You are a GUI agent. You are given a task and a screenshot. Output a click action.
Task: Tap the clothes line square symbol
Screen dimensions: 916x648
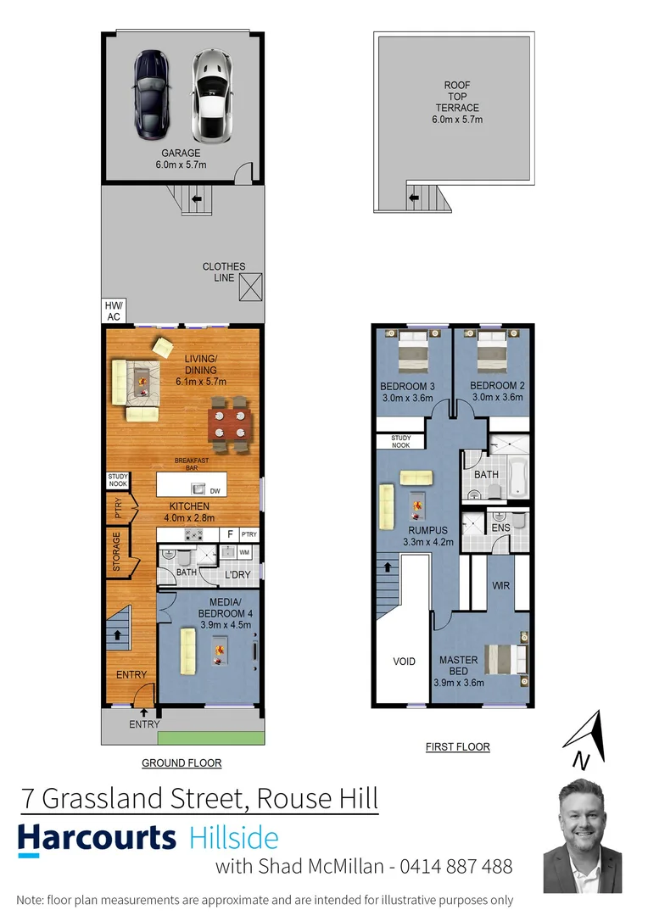click(250, 288)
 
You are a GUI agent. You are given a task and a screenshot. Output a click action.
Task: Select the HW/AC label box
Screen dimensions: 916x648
click(113, 311)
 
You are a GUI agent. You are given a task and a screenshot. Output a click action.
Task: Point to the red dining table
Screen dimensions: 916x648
click(230, 421)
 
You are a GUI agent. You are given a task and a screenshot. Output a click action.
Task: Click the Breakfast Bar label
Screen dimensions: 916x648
click(192, 464)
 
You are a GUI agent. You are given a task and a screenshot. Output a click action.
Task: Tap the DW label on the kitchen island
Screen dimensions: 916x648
click(215, 490)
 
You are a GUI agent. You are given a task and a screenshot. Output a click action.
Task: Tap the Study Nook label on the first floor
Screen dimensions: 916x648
click(400, 442)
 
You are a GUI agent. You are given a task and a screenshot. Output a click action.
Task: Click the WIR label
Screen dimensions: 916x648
click(500, 585)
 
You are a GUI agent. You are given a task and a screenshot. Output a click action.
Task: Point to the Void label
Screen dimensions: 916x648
click(405, 661)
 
